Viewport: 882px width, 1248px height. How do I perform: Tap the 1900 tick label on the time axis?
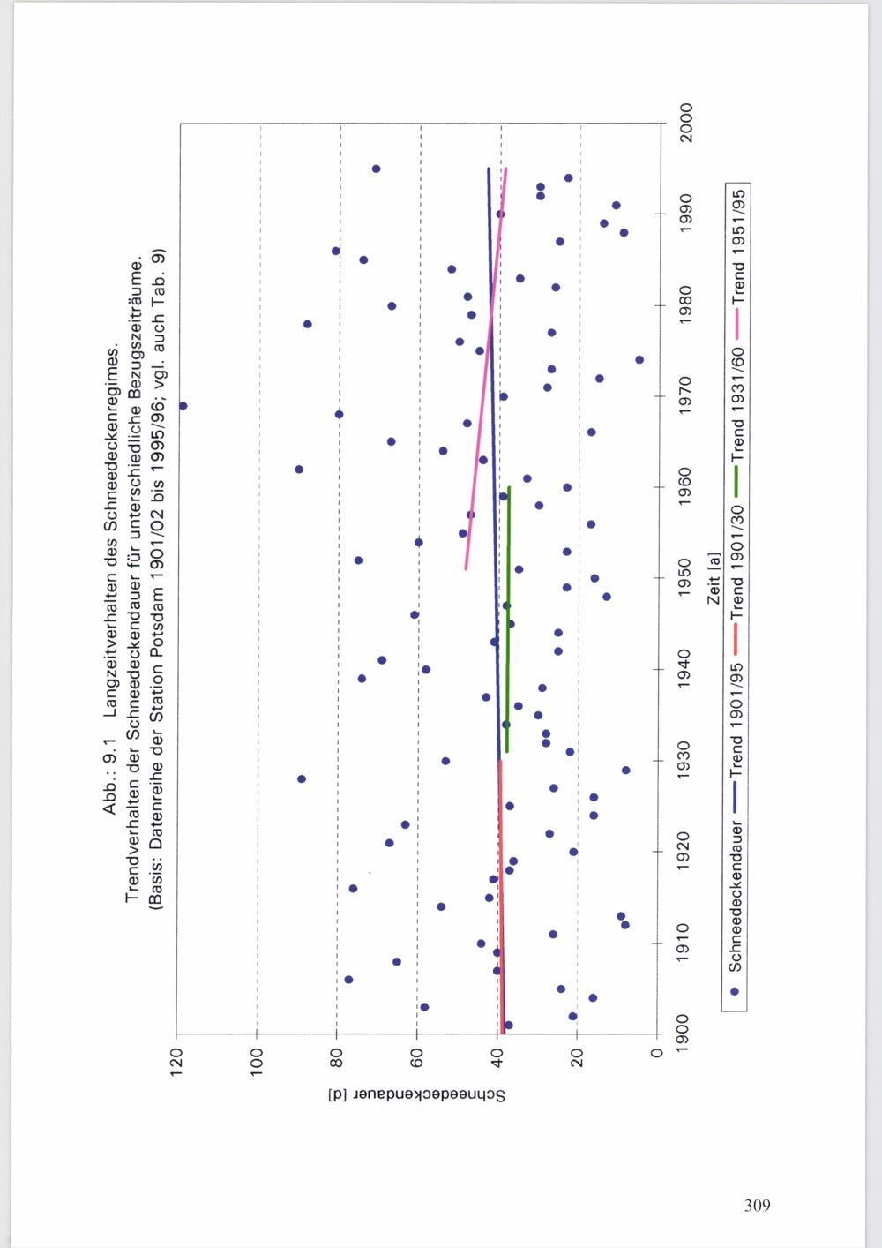[x=683, y=1034]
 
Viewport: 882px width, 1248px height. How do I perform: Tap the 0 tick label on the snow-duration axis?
[x=657, y=1053]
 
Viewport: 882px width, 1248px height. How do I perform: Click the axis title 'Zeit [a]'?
[x=714, y=579]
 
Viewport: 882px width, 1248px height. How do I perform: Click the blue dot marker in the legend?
[x=735, y=991]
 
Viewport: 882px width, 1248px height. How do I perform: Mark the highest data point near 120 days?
[x=183, y=406]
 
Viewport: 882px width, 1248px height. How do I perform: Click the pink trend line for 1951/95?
[x=486, y=368]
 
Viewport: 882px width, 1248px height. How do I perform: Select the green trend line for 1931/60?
[x=508, y=619]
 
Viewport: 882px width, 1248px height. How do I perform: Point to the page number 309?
[x=758, y=1205]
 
